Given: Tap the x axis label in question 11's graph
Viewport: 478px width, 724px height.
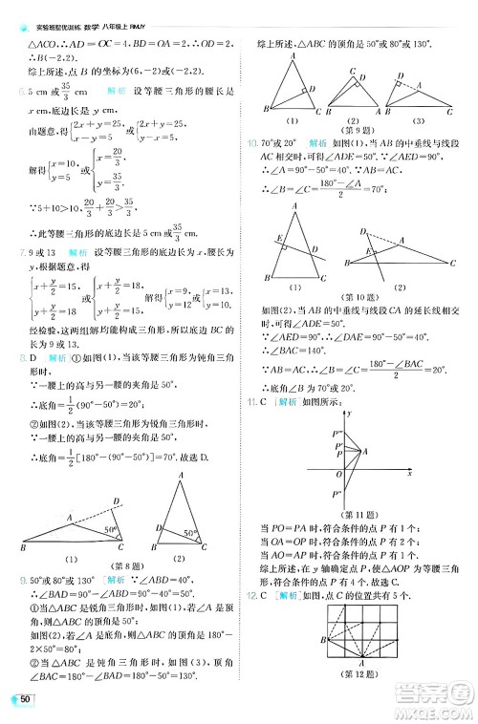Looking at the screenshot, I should click(x=408, y=473).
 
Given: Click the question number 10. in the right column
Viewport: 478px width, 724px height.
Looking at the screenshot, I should click(x=252, y=143).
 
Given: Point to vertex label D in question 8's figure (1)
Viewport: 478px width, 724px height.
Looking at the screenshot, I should click(x=117, y=502).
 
